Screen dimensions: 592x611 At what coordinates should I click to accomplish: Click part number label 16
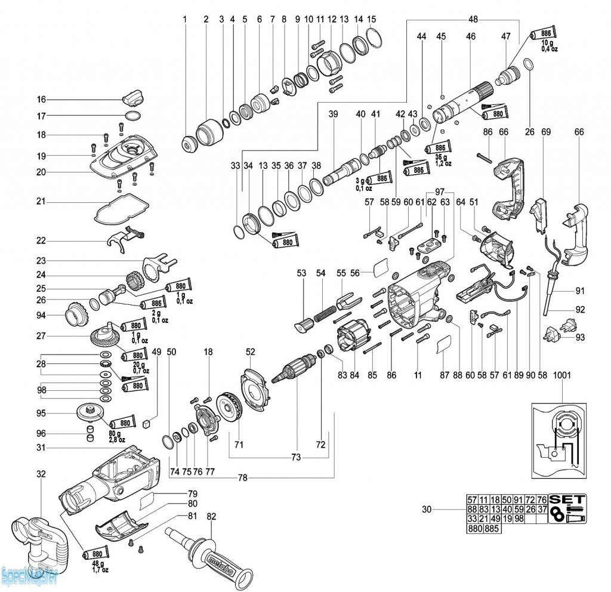41,99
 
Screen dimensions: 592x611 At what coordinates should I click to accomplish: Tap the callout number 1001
561,376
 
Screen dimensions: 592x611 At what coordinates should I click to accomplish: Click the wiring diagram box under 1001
559,440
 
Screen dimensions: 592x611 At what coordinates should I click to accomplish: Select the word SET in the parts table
567,499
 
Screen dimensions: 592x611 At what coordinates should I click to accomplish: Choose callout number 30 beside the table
426,509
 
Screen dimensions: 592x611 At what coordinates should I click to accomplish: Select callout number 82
211,516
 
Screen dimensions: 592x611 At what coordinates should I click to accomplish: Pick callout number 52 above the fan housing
250,352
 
